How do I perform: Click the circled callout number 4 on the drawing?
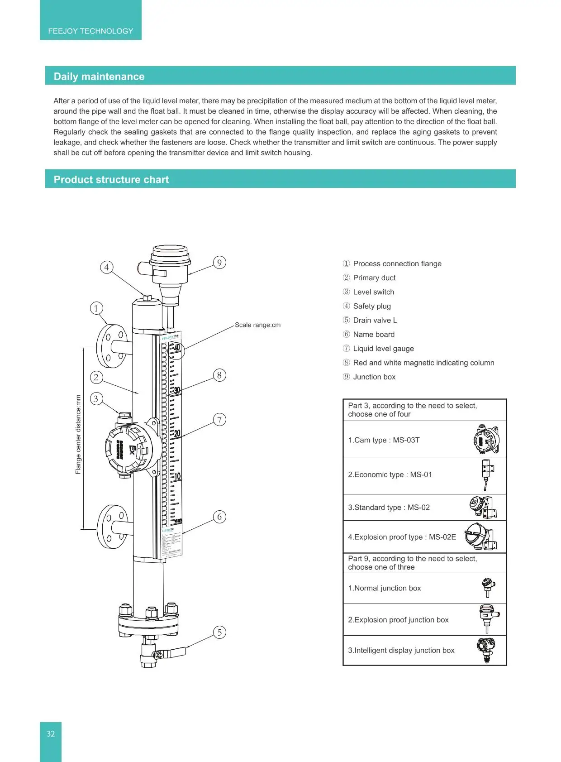pos(106,267)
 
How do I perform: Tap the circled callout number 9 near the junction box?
pos(219,263)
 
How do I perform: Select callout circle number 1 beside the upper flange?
pos(96,308)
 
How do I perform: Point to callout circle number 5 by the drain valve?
pos(219,633)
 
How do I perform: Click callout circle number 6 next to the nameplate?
pos(219,517)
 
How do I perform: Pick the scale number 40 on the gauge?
pos(176,348)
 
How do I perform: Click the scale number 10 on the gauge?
pos(177,476)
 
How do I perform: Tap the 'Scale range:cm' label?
pos(257,325)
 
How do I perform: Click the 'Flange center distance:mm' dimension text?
pos(78,435)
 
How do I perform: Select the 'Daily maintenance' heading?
pos(99,77)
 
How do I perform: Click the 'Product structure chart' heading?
pos(111,180)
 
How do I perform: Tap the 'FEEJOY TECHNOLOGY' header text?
pos(90,31)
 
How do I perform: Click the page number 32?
pos(51,734)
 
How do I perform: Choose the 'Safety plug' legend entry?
pos(371,306)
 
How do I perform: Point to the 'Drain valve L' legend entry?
pos(375,320)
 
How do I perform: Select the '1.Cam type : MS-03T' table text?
pos(384,440)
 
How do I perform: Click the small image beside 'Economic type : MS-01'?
pos(487,474)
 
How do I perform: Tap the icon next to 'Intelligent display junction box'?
pos(486,650)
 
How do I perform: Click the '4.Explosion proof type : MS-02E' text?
pos(402,537)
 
